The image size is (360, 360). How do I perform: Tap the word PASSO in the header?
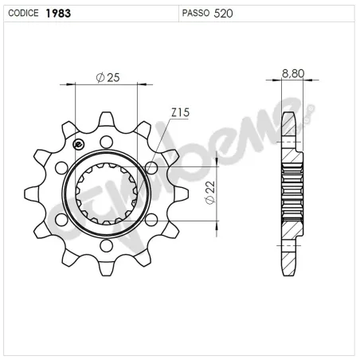(196, 13)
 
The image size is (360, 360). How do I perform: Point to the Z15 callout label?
(179, 115)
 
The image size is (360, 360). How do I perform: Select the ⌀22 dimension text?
(209, 192)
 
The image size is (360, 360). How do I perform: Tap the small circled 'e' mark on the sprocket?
(78, 144)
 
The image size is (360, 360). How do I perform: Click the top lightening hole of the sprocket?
(104, 141)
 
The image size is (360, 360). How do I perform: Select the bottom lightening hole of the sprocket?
(104, 244)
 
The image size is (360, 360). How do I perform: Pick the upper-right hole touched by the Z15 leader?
(151, 167)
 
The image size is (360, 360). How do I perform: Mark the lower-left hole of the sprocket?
(61, 218)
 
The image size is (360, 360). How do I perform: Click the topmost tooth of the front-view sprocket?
(104, 119)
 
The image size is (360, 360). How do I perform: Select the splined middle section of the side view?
(292, 193)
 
